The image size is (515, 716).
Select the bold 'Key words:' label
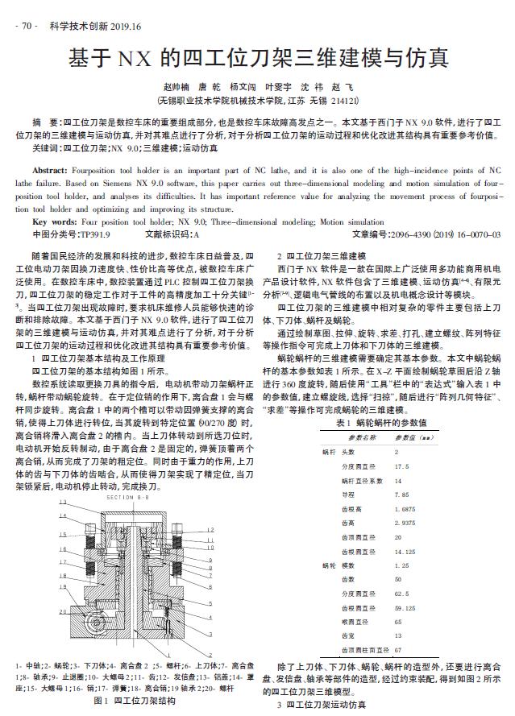tap(56, 221)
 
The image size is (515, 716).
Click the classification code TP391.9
tap(94, 234)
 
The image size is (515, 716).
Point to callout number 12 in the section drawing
tap(210, 529)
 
